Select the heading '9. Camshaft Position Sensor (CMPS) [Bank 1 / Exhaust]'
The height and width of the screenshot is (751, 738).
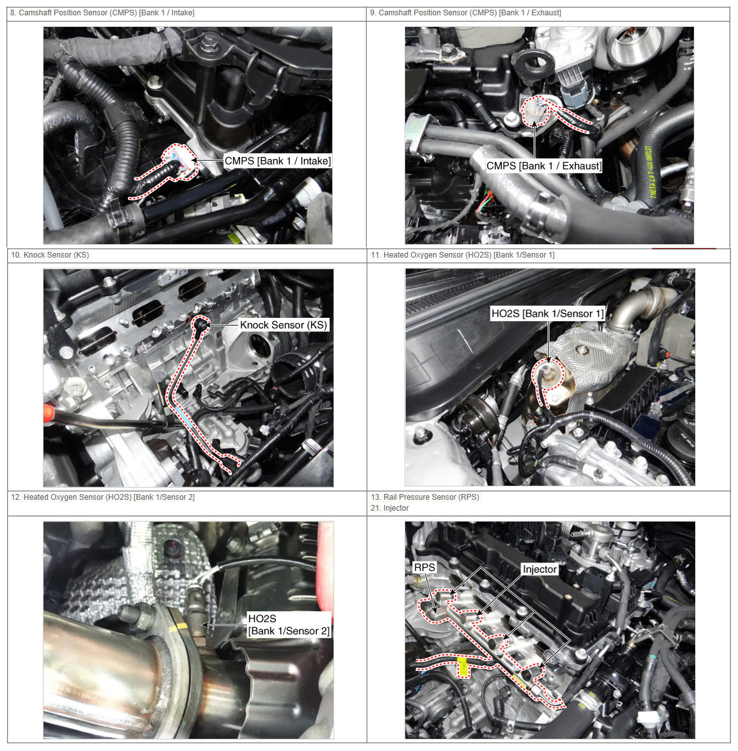click(x=465, y=13)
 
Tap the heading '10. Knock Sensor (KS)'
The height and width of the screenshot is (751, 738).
click(x=50, y=255)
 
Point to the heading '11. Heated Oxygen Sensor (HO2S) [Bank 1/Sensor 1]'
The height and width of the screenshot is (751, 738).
click(x=463, y=255)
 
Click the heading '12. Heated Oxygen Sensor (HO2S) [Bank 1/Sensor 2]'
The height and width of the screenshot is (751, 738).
click(x=103, y=497)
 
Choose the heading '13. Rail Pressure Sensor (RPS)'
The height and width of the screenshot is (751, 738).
click(x=425, y=497)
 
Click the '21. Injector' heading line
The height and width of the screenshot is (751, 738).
click(x=390, y=508)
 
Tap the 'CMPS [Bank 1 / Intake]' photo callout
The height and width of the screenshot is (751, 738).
click(x=277, y=161)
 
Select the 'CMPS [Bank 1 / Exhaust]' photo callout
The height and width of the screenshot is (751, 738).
click(x=544, y=166)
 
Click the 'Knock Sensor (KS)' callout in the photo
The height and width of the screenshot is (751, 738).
click(x=284, y=326)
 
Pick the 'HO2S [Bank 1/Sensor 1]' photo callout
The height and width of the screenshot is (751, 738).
click(x=548, y=314)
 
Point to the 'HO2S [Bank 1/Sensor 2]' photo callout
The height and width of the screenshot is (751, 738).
click(x=289, y=625)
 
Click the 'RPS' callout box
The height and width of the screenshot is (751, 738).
click(x=424, y=568)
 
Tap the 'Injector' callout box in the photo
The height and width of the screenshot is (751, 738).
click(x=540, y=570)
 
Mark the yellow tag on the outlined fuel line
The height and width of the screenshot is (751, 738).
click(x=463, y=667)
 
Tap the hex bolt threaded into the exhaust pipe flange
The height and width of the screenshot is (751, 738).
click(x=137, y=615)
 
